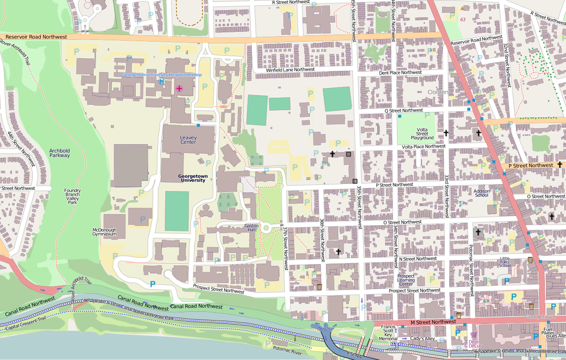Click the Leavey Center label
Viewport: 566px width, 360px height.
tap(188, 140)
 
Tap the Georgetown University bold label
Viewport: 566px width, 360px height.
tap(193, 178)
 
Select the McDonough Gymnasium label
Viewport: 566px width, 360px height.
tap(104, 231)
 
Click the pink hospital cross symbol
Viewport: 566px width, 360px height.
tap(179, 88)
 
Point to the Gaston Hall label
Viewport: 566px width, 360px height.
tap(251, 228)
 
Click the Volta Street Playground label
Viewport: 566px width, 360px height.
tap(422, 134)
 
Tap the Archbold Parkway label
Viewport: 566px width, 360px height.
tap(60, 153)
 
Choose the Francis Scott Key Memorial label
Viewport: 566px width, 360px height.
tap(388, 333)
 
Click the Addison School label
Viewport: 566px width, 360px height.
tap(482, 193)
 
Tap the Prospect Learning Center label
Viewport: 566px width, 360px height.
tap(406, 280)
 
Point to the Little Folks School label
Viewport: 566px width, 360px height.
tap(505, 262)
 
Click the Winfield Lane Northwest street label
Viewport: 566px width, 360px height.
tap(290, 70)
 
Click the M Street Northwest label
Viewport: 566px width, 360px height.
tap(433, 322)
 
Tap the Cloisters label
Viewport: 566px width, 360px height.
tap(438, 92)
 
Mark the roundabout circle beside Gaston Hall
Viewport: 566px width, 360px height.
tap(266, 228)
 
